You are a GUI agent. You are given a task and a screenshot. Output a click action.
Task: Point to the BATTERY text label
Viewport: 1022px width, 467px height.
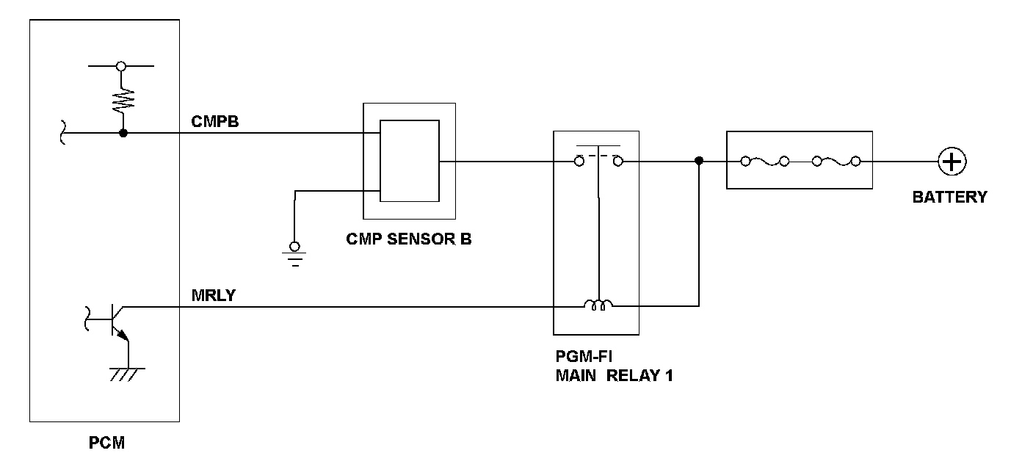(950, 197)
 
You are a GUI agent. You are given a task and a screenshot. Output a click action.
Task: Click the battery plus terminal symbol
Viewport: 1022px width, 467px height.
(952, 162)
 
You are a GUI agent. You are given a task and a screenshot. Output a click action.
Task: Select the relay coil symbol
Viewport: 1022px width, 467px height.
(598, 305)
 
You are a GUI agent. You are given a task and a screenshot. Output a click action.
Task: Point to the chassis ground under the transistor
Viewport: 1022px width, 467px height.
(128, 372)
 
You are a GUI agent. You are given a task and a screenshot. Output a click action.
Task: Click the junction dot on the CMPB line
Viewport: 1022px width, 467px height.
(123, 134)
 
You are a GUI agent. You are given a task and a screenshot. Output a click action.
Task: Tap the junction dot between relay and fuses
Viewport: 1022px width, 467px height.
(698, 161)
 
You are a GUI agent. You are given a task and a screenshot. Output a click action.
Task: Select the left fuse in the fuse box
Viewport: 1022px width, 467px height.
(764, 161)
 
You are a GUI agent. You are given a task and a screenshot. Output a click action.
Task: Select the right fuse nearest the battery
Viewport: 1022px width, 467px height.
(835, 161)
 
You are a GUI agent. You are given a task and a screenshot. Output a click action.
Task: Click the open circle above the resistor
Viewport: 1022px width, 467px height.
(121, 66)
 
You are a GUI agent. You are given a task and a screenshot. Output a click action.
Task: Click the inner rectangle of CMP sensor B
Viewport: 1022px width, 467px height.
(409, 161)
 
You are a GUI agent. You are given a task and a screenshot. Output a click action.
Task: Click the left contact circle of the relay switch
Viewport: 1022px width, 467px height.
(579, 161)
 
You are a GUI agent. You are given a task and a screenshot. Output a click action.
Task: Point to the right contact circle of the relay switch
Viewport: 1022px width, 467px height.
(617, 161)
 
